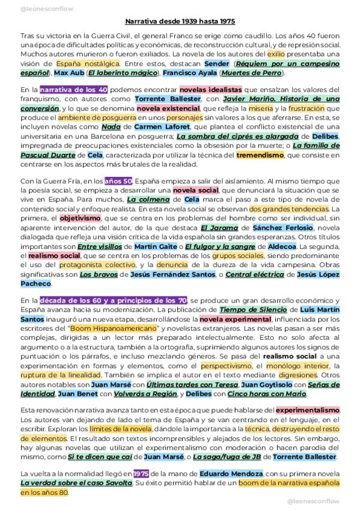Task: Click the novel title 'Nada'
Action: point(111,127)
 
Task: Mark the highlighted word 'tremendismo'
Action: point(260,155)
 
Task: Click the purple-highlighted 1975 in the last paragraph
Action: point(141,474)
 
